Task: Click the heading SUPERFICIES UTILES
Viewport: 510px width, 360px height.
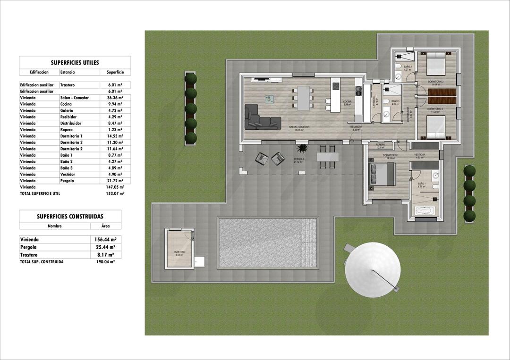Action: (75, 62)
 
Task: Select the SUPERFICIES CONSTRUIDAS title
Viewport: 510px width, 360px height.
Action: (70, 217)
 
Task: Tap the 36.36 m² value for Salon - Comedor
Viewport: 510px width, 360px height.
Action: (111, 98)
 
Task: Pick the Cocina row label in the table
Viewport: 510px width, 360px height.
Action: (66, 104)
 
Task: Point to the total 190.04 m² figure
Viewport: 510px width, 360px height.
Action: (105, 261)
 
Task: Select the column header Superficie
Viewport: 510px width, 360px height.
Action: (112, 72)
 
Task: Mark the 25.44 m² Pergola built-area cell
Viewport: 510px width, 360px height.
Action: (105, 247)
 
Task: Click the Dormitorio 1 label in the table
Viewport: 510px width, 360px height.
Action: (71, 136)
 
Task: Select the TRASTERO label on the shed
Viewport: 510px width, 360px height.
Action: (179, 252)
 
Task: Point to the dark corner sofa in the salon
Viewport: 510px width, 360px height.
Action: (261, 118)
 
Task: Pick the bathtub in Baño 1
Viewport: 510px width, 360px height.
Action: (425, 210)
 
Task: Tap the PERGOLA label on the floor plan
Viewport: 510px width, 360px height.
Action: (298, 159)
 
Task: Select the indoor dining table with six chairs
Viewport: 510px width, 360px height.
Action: (303, 98)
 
